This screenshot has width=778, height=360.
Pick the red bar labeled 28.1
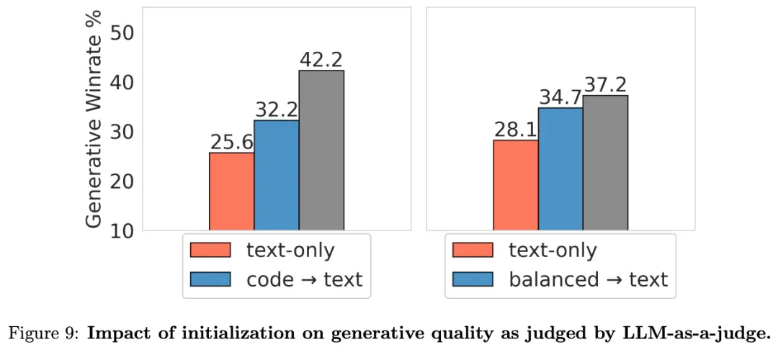coord(515,185)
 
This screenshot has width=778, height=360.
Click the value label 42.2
coord(321,60)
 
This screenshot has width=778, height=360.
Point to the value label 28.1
coord(516,130)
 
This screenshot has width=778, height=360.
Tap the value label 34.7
coord(560,97)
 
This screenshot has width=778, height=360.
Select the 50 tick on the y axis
coord(125,33)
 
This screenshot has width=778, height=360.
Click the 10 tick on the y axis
coord(125,230)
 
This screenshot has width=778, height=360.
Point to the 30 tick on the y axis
coord(125,132)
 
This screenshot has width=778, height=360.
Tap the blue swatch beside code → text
coord(210,279)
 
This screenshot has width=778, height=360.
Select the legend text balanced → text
coord(589,279)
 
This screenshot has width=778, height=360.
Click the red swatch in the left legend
coord(210,250)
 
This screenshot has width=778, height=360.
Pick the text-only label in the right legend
coord(553,250)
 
